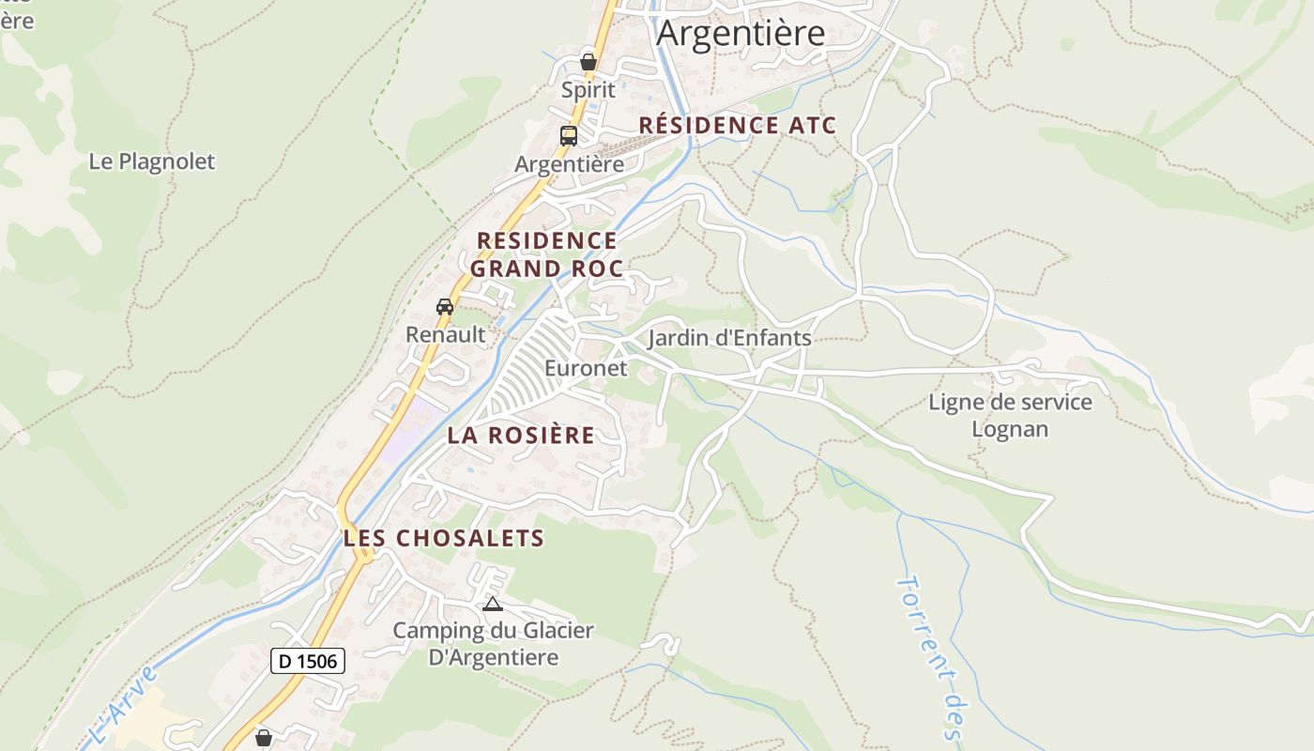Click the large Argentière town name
[x=740, y=33]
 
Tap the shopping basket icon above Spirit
[x=588, y=62]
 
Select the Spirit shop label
[x=588, y=90]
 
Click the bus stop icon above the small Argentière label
[x=569, y=135]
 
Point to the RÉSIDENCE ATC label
[x=737, y=125]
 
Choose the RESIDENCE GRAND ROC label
[x=546, y=254]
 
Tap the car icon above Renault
[x=445, y=307]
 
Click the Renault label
[x=446, y=334]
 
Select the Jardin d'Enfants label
[x=729, y=338]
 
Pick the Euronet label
[x=586, y=368]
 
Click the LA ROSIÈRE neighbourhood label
[x=521, y=436]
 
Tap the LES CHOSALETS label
[x=444, y=538]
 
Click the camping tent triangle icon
[x=493, y=604]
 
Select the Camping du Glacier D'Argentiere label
[x=494, y=643]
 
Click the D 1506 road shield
[x=309, y=661]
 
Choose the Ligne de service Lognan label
[x=1010, y=416]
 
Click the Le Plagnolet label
[x=152, y=161]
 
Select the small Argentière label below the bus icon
[x=569, y=164]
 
